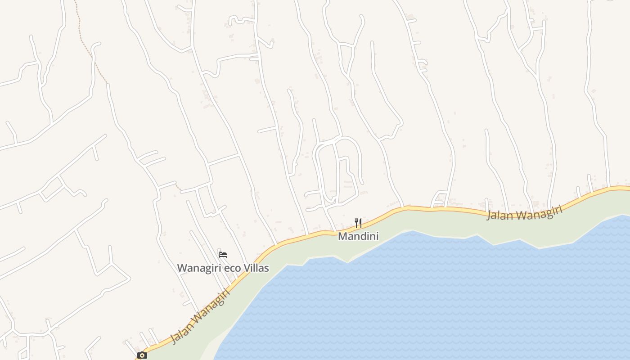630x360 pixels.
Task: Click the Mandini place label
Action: tap(358, 236)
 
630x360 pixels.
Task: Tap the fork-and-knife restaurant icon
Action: tap(358, 223)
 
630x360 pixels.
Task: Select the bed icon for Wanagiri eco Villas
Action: tap(223, 255)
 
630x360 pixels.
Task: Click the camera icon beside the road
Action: tap(142, 355)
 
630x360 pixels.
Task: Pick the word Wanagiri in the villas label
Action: tap(199, 268)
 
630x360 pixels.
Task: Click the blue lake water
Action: tap(427, 297)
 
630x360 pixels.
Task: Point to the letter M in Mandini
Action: tap(342, 236)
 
